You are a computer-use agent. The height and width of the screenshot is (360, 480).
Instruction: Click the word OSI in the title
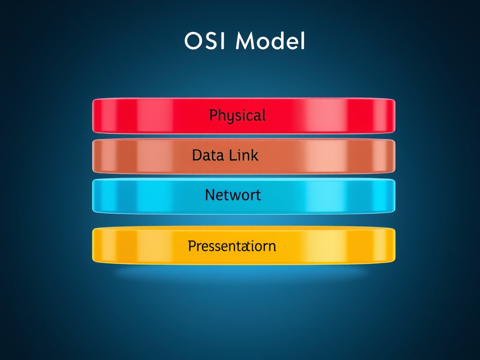click(x=205, y=41)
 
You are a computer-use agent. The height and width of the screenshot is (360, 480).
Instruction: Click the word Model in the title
click(x=270, y=41)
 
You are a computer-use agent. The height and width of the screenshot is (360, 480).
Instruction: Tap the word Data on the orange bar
click(x=207, y=155)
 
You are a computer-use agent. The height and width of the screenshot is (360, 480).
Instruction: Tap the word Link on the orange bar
click(x=243, y=155)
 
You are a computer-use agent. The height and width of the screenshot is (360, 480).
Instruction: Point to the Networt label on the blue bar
click(x=232, y=195)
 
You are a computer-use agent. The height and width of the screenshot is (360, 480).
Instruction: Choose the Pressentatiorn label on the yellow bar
click(x=232, y=246)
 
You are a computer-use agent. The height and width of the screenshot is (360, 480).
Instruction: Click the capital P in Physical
click(x=214, y=115)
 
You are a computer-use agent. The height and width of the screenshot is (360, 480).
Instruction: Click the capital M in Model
click(x=246, y=41)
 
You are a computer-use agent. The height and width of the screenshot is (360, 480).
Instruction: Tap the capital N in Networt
click(x=210, y=195)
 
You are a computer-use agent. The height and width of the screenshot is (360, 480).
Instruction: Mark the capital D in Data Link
click(x=197, y=155)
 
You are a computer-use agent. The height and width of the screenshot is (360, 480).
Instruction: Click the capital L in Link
click(x=232, y=155)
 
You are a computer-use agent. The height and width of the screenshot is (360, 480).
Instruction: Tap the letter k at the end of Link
click(x=255, y=155)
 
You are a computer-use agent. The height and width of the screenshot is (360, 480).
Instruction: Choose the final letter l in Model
click(x=303, y=41)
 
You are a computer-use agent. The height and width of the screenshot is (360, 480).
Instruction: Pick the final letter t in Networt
click(x=258, y=195)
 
